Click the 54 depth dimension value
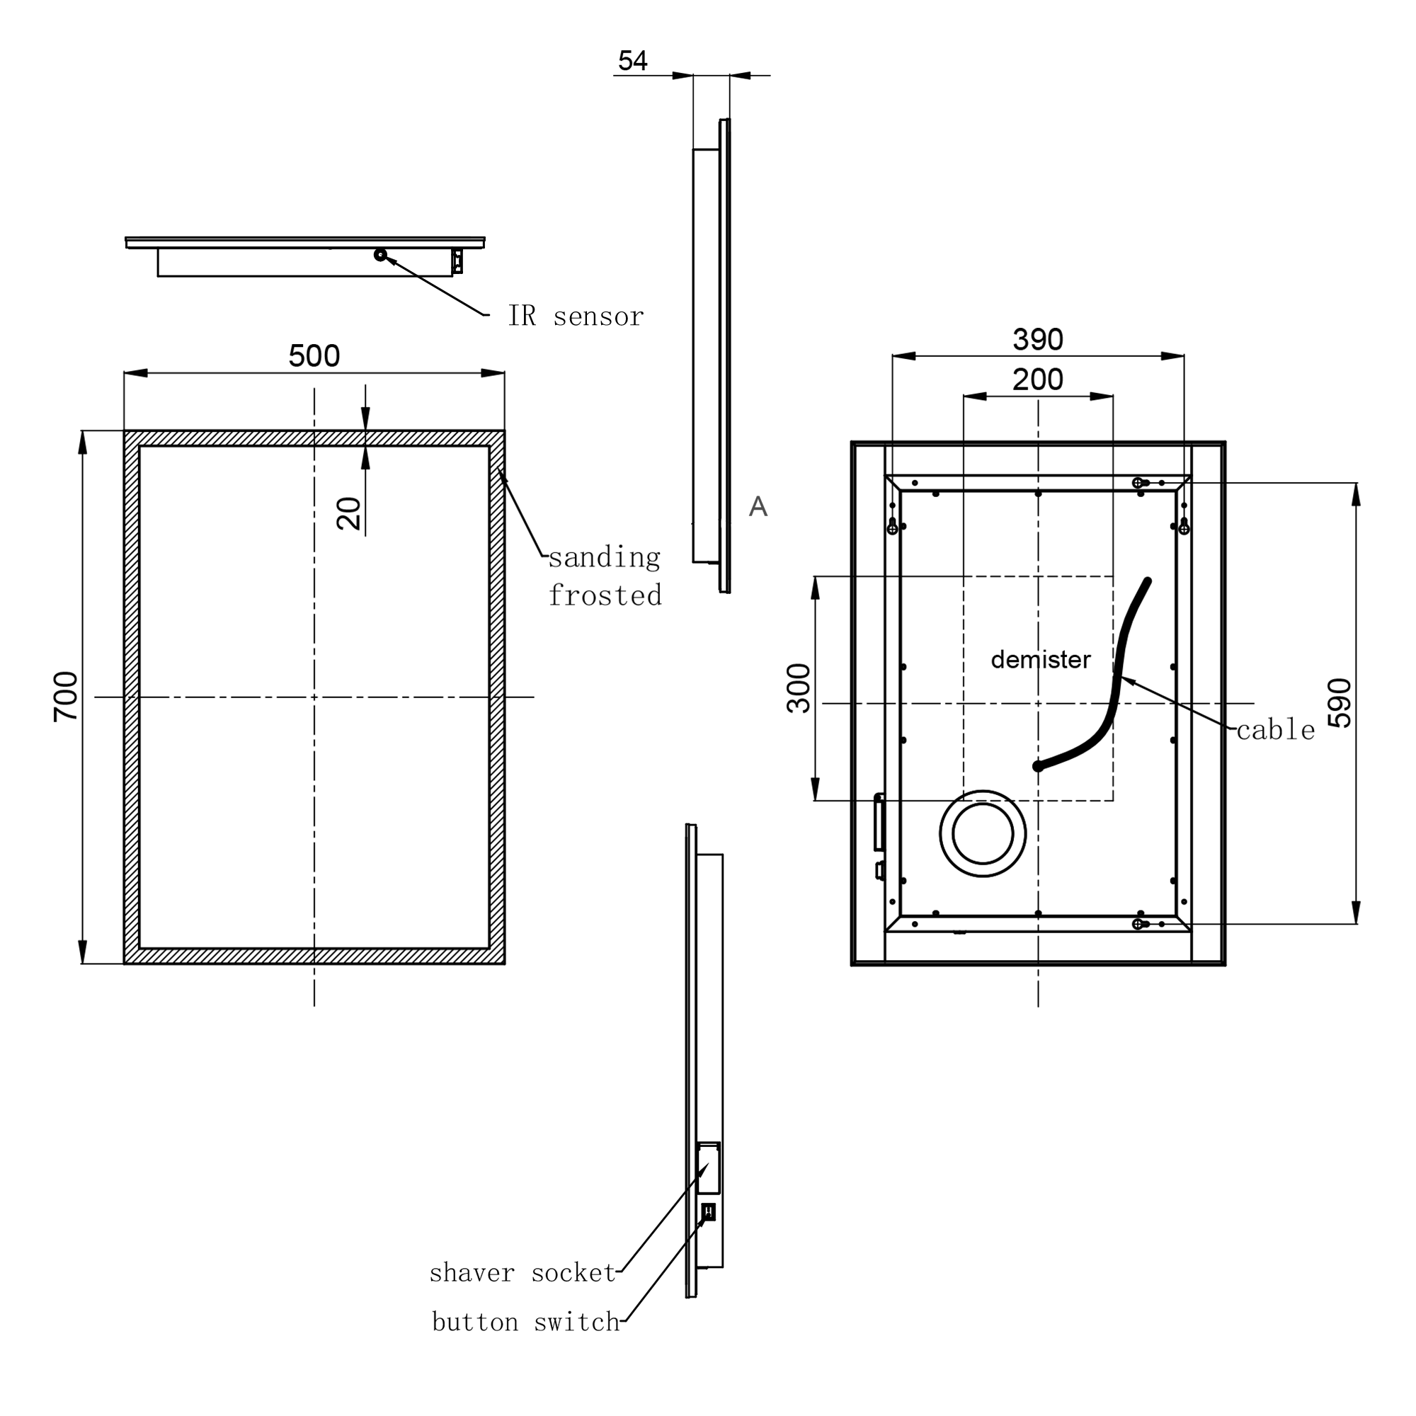tap(632, 61)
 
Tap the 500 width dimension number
tap(314, 356)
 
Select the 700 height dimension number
tap(66, 696)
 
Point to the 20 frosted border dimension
tap(350, 513)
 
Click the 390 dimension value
tap(1037, 339)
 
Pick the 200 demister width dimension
tap(1037, 379)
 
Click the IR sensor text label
tap(576, 316)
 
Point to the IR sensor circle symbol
tap(379, 255)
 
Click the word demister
tap(1040, 659)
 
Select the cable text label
tap(1275, 730)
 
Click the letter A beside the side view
tap(758, 506)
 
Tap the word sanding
tap(605, 558)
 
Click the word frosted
tap(605, 596)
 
